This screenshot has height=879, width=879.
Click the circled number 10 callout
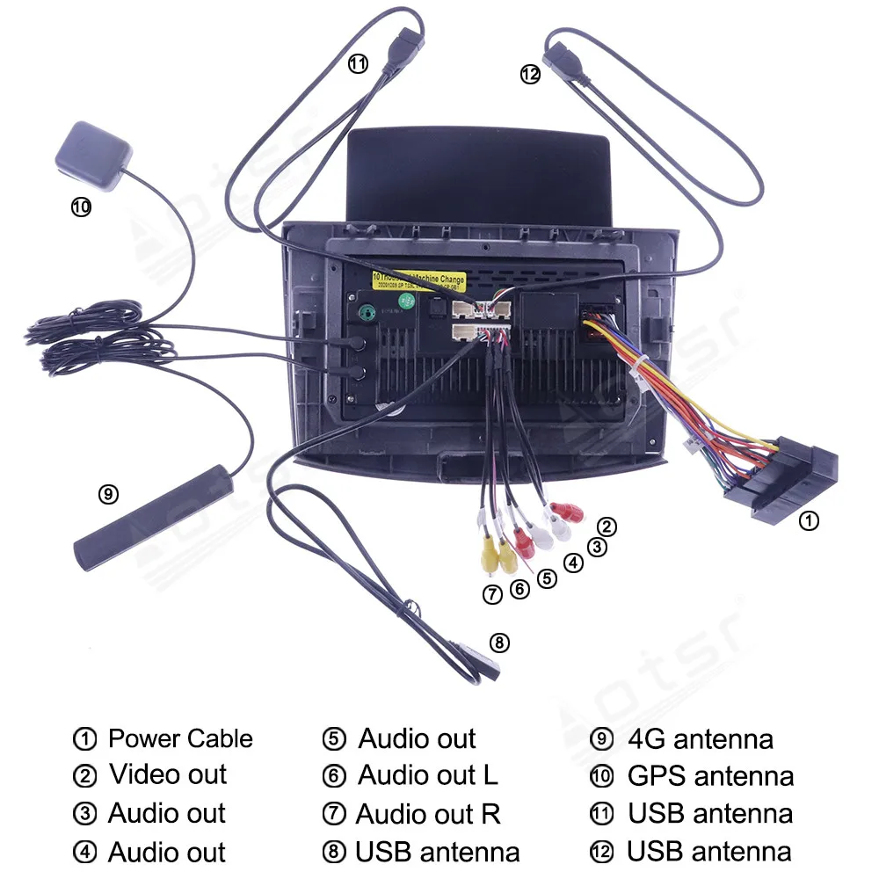[x=80, y=207]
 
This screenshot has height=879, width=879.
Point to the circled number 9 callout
[x=107, y=494]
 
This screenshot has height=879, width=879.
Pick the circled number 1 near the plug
[x=808, y=521]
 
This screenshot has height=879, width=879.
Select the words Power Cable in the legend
[x=180, y=738]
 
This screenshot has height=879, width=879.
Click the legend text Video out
[x=168, y=775]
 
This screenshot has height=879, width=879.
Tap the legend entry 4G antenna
[x=701, y=739]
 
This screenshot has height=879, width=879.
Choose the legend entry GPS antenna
[x=710, y=776]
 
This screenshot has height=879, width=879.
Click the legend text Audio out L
[x=427, y=775]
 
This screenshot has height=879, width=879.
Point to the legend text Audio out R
[x=428, y=814]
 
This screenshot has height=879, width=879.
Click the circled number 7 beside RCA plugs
[x=492, y=595]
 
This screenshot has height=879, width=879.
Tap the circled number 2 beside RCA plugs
[x=607, y=527]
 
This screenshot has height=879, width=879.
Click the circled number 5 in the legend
[x=334, y=739]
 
